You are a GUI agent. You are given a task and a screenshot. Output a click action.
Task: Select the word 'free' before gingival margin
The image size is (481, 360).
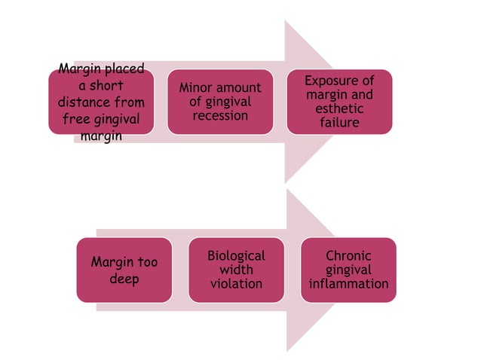[x=76, y=119]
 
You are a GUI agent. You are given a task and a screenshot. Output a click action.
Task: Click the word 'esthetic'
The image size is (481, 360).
[x=339, y=108]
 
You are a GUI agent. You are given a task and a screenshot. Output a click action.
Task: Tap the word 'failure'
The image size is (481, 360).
[x=339, y=122]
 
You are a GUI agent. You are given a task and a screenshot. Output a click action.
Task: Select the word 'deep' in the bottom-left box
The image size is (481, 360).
[x=124, y=279]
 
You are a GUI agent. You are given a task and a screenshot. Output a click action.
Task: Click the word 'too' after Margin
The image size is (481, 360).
[x=146, y=263]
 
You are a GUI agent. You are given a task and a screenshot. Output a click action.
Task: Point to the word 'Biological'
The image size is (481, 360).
[x=236, y=256]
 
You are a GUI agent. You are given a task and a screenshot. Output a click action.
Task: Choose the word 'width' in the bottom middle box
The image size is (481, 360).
[x=236, y=270]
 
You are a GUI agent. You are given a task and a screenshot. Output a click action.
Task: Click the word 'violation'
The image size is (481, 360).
[x=236, y=284]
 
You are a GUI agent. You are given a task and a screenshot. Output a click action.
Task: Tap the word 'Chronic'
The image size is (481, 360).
[x=348, y=256]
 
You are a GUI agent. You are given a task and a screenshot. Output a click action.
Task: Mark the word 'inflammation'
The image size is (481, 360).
[x=348, y=284]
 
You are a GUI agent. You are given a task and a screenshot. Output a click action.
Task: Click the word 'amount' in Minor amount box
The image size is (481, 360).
[x=238, y=88]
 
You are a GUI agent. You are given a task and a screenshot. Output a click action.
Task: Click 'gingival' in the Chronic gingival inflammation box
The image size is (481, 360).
[x=348, y=270]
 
